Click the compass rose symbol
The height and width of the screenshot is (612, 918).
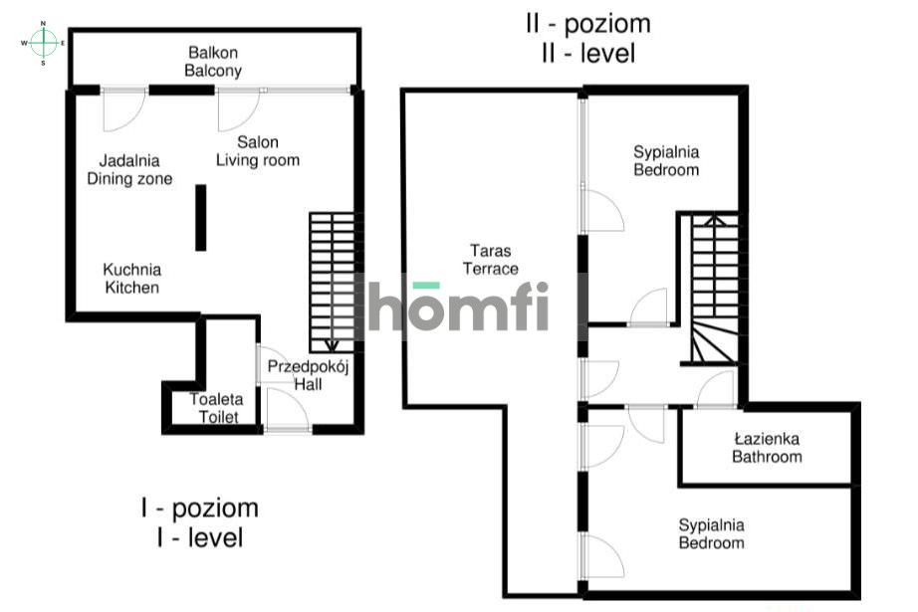point(44,43)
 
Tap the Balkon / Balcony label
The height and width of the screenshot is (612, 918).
point(213,62)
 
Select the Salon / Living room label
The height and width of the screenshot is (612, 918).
point(258,151)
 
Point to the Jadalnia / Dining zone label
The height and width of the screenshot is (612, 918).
point(129,170)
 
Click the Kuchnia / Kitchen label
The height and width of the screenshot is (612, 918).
point(131,279)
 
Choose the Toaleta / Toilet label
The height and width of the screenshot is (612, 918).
point(217,408)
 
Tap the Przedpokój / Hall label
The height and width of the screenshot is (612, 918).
point(308,375)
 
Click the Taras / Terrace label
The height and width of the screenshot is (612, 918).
point(491,260)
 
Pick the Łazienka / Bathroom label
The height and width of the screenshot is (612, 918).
point(767,448)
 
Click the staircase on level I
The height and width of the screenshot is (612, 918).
point(332,283)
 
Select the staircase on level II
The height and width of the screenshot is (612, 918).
point(714,290)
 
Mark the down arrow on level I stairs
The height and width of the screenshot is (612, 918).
point(332,345)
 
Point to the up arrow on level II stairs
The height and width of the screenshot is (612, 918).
point(714,221)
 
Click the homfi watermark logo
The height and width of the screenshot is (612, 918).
point(458,306)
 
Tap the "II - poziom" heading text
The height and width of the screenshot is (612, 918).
point(588,24)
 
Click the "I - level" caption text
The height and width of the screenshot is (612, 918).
point(200,537)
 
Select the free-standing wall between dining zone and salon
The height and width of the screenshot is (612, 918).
point(201,218)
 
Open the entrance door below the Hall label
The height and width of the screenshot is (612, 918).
point(287,410)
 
